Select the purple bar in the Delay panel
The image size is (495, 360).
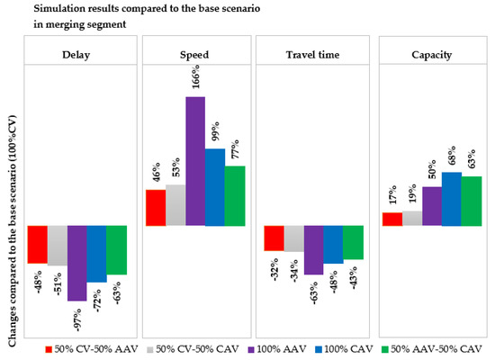click(x=76, y=262)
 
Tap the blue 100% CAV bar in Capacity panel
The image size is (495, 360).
click(x=451, y=198)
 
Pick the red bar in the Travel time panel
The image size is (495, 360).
click(x=274, y=238)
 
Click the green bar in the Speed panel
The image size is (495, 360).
click(x=234, y=195)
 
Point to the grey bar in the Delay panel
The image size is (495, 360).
click(x=57, y=245)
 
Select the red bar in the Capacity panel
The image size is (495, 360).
click(x=391, y=219)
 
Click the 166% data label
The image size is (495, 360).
click(x=195, y=82)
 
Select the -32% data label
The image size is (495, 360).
click(x=274, y=267)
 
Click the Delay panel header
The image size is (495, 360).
click(x=76, y=52)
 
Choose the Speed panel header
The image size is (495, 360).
click(x=194, y=52)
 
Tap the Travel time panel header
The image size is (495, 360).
click(x=312, y=52)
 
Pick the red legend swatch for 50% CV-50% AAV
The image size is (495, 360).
click(x=49, y=347)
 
